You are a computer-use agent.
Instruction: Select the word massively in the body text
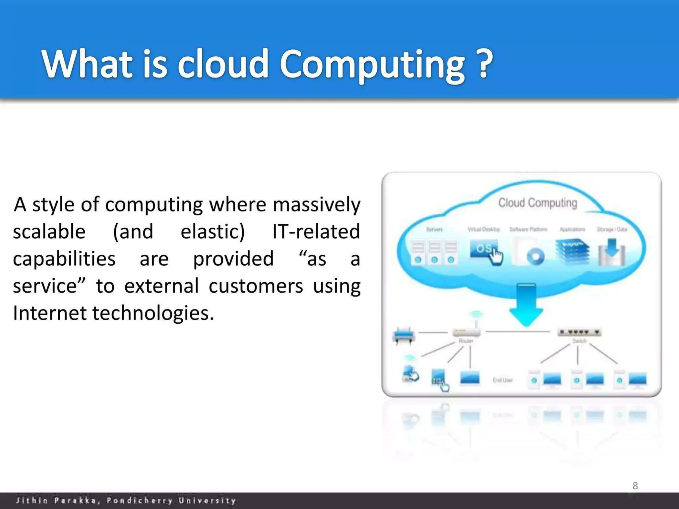[316, 204]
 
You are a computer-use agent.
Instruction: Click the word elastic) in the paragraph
[213, 231]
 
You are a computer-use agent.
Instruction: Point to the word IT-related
[316, 231]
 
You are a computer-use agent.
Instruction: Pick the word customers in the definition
[256, 286]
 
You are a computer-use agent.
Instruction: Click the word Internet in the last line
[49, 313]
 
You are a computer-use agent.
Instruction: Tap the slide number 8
[635, 485]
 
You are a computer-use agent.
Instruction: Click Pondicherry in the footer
[140, 500]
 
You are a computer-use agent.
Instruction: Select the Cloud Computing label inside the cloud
[537, 203]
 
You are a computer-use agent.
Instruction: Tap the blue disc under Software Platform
[535, 257]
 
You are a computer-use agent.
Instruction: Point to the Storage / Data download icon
[612, 254]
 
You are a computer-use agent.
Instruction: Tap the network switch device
[579, 332]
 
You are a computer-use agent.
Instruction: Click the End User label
[503, 380]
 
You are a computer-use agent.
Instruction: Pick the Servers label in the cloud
[434, 229]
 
